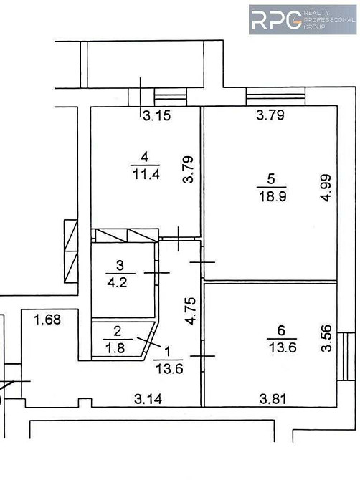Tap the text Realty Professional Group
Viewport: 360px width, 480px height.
[328, 19]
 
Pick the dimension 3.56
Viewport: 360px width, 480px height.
[327, 339]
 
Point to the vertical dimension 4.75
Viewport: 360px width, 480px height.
[190, 311]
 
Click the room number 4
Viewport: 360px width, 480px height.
[145, 157]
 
